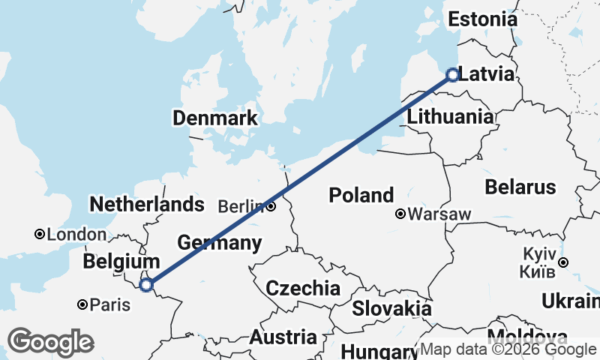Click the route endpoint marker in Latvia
click(x=452, y=74)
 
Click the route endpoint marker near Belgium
click(x=147, y=284)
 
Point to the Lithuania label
click(x=450, y=117)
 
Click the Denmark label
click(x=214, y=118)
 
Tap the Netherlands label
click(x=146, y=204)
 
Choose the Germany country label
click(x=220, y=242)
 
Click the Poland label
click(x=361, y=196)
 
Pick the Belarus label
click(x=520, y=187)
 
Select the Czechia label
click(x=302, y=288)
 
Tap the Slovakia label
click(x=391, y=308)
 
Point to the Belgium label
click(x=121, y=262)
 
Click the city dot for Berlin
click(x=271, y=206)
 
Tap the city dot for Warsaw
click(x=401, y=214)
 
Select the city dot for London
click(x=40, y=235)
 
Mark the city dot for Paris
click(x=82, y=304)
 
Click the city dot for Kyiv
click(x=562, y=262)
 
